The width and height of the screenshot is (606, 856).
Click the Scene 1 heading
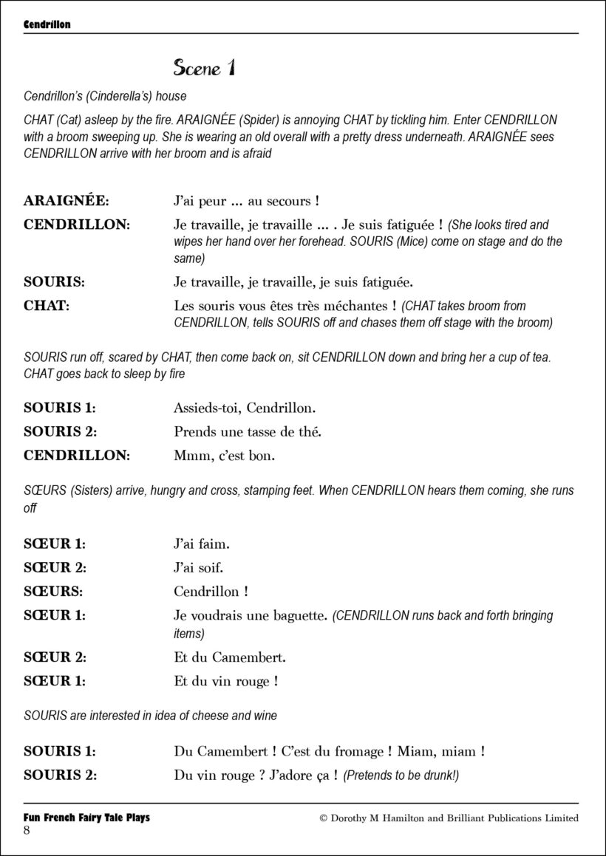(x=205, y=69)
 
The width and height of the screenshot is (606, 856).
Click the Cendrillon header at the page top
(x=47, y=24)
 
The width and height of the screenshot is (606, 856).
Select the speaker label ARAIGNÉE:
(x=66, y=201)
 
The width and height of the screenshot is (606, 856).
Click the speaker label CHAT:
(x=47, y=305)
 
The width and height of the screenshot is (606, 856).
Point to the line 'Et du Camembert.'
(x=230, y=657)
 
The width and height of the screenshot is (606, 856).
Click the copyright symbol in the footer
(x=323, y=818)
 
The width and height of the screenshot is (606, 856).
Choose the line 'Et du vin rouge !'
(x=225, y=682)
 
